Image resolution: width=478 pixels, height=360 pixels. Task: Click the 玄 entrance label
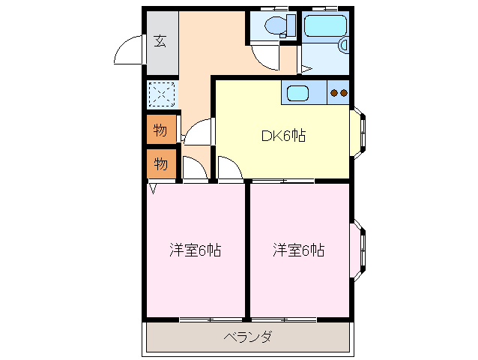pos(160,40)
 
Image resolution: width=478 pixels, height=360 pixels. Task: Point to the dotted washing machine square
pos(160,94)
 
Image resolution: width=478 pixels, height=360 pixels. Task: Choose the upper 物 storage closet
pos(161,130)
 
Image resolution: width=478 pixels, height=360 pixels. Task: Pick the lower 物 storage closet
pos(161,163)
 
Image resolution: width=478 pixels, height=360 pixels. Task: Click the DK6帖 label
pos(282,136)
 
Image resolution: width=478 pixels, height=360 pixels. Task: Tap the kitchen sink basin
pos(297,93)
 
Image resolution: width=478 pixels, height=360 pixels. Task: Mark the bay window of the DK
pos(360,136)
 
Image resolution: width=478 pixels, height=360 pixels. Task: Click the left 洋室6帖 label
pos(195,250)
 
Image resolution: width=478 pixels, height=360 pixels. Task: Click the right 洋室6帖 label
pos(298,250)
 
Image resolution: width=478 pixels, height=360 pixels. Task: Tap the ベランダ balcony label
pos(248,337)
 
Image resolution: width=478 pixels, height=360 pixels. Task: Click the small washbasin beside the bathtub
pos(344,45)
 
